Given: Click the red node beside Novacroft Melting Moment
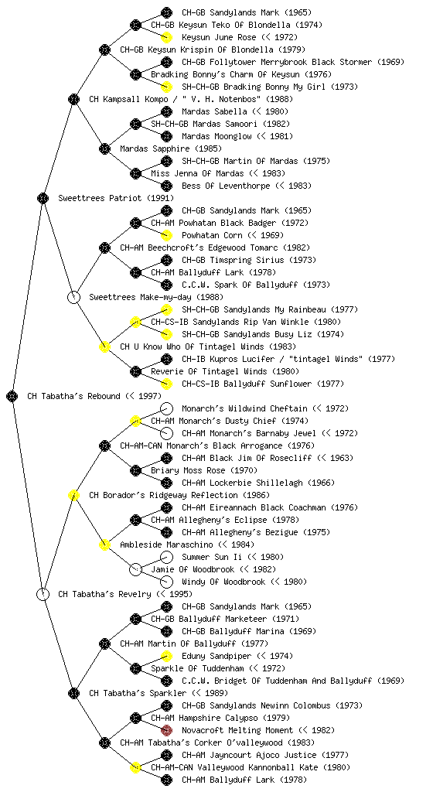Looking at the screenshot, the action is click(x=166, y=730).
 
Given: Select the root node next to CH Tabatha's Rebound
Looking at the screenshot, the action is click(x=12, y=396).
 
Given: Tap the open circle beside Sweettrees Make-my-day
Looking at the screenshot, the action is click(x=73, y=297).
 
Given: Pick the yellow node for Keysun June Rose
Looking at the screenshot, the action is click(x=166, y=37).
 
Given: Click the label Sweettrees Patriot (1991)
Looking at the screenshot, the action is click(x=116, y=198).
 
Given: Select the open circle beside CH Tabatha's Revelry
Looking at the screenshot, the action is click(x=43, y=594).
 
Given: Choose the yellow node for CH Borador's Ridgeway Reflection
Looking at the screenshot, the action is click(x=73, y=495).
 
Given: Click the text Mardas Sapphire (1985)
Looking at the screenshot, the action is click(x=171, y=148).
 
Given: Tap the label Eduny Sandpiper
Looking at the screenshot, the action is click(x=216, y=656).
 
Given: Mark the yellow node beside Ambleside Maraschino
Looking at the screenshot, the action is click(x=104, y=544).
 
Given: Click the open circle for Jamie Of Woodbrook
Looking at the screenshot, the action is click(x=135, y=569).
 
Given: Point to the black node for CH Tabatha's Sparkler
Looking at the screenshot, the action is click(x=73, y=693).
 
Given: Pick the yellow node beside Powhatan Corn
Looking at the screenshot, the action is click(x=166, y=235).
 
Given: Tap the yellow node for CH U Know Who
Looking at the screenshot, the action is click(x=104, y=346).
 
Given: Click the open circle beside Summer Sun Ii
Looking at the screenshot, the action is click(x=166, y=557).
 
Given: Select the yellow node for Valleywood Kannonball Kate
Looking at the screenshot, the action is click(x=135, y=767).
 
